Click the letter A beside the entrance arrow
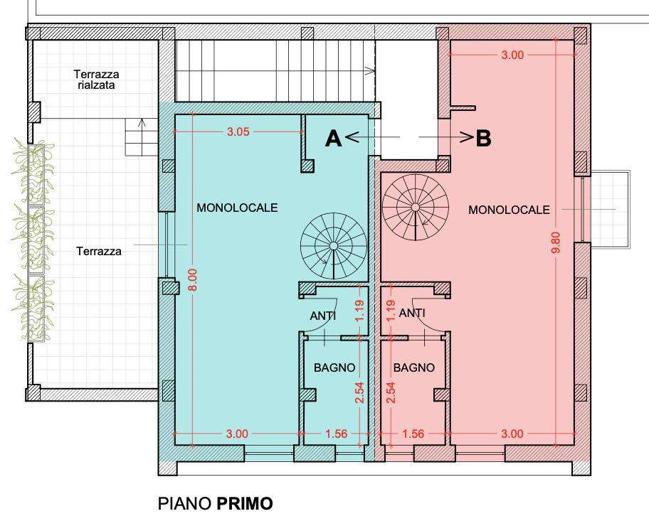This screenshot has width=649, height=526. pos(334,138)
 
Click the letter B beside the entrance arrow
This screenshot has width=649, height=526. pos(483,138)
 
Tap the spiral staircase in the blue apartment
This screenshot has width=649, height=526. pos(334,246)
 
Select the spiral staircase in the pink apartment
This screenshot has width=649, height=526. pos(415,207)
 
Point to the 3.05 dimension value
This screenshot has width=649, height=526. pos(238,132)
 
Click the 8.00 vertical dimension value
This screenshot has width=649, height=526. pos(194,279)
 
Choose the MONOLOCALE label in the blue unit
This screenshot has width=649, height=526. pos(237,207)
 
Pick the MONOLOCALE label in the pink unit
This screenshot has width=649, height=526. pos(509,210)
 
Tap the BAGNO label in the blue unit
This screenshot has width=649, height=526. pos(334,367)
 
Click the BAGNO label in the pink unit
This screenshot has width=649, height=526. pos(414,367)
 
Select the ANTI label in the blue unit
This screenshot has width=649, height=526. pos(323,316)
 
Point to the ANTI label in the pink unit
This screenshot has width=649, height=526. pos(412,313)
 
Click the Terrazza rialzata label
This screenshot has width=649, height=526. pos(97,80)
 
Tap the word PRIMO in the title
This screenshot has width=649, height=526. pos(245,504)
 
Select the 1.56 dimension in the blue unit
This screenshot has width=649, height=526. pos(336,434)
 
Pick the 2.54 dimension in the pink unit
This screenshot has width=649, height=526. pos(390,392)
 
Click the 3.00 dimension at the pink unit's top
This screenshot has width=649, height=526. pos(512,55)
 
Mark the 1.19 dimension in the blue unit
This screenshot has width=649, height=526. pos(359,310)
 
